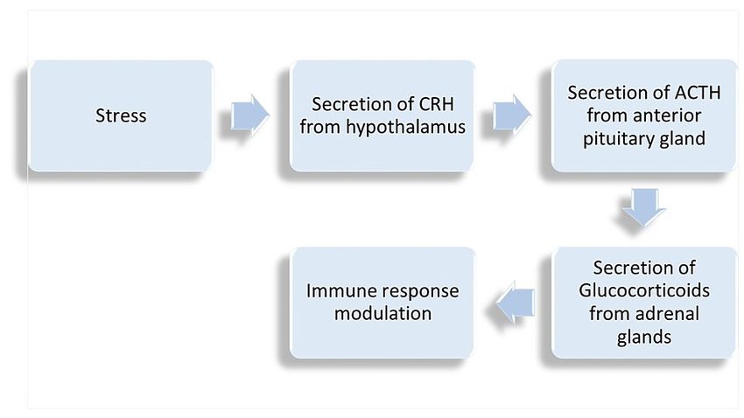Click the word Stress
pyautogui.click(x=121, y=115)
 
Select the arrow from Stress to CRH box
pyautogui.click(x=250, y=115)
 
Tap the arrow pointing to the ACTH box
pyautogui.click(x=512, y=115)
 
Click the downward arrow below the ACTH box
pyautogui.click(x=644, y=206)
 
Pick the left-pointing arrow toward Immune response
pyautogui.click(x=516, y=302)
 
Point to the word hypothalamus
pyautogui.click(x=405, y=128)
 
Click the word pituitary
pyautogui.click(x=615, y=139)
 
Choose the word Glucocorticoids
pyautogui.click(x=644, y=290)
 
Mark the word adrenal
pyautogui.click(x=667, y=314)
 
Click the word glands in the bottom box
pyautogui.click(x=644, y=338)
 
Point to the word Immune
pyautogui.click(x=336, y=291)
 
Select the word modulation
pyautogui.click(x=383, y=314)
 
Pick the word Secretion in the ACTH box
pyautogui.click(x=611, y=93)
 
